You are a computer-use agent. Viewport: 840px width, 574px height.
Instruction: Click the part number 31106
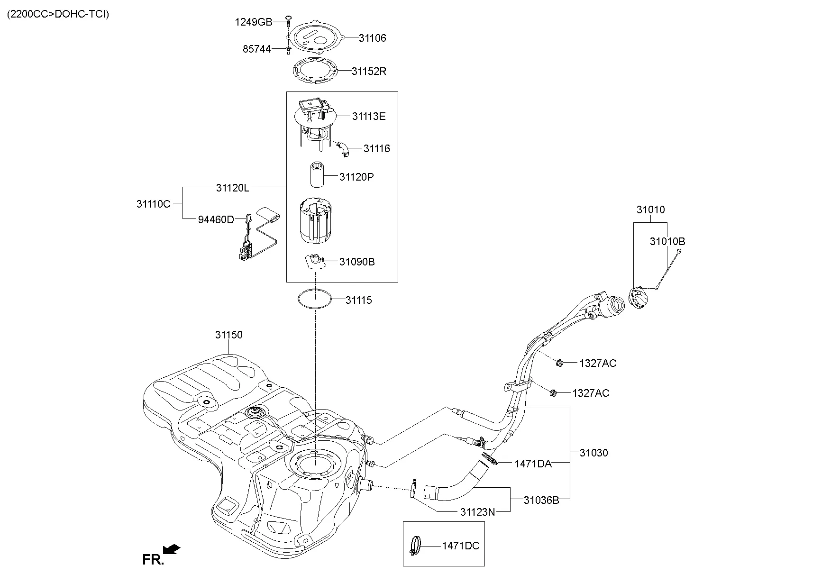pyautogui.click(x=372, y=38)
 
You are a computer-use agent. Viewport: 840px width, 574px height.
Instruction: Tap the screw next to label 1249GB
pyautogui.click(x=288, y=20)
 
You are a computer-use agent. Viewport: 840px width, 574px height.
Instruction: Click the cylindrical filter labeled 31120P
pyautogui.click(x=317, y=176)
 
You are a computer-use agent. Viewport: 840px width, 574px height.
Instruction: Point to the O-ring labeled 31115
pyautogui.click(x=314, y=300)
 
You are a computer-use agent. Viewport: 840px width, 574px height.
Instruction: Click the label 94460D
pyautogui.click(x=216, y=220)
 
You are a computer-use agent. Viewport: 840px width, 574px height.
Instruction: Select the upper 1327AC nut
pyautogui.click(x=559, y=363)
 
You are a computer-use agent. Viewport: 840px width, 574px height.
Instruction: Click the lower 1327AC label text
pyautogui.click(x=591, y=393)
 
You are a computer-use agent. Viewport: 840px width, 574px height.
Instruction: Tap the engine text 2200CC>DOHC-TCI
pyautogui.click(x=57, y=14)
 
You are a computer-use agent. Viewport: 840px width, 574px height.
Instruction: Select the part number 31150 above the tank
pyautogui.click(x=228, y=335)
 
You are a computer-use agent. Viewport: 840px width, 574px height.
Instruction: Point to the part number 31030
pyautogui.click(x=593, y=453)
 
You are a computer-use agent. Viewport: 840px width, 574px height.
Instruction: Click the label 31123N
pyautogui.click(x=477, y=512)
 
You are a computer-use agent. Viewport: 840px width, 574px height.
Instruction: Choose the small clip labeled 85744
pyautogui.click(x=288, y=50)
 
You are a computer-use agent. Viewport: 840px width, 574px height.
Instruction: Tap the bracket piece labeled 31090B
pyautogui.click(x=315, y=261)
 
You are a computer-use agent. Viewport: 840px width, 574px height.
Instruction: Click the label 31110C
pyautogui.click(x=153, y=204)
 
